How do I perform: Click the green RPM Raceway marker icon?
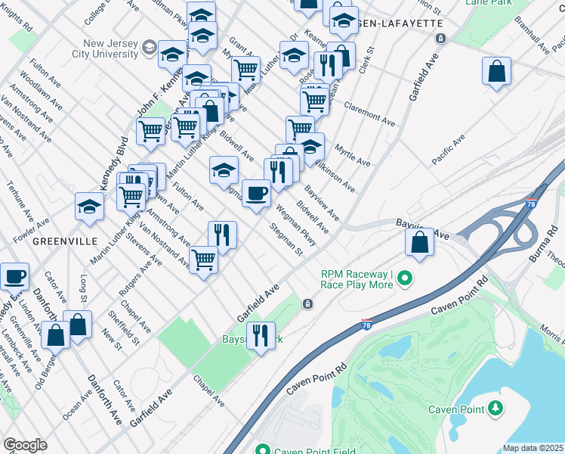pyautogui.click(x=405, y=279)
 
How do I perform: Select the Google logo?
pyautogui.click(x=25, y=444)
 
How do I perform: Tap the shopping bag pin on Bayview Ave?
pyautogui.click(x=419, y=242)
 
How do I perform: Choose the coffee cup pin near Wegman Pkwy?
pyautogui.click(x=256, y=194)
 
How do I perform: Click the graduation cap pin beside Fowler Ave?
pyautogui.click(x=89, y=207)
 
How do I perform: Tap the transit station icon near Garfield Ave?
pyautogui.click(x=308, y=304)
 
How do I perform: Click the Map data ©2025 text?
pyautogui.click(x=533, y=448)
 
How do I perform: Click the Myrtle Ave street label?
pyautogui.click(x=353, y=155)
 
